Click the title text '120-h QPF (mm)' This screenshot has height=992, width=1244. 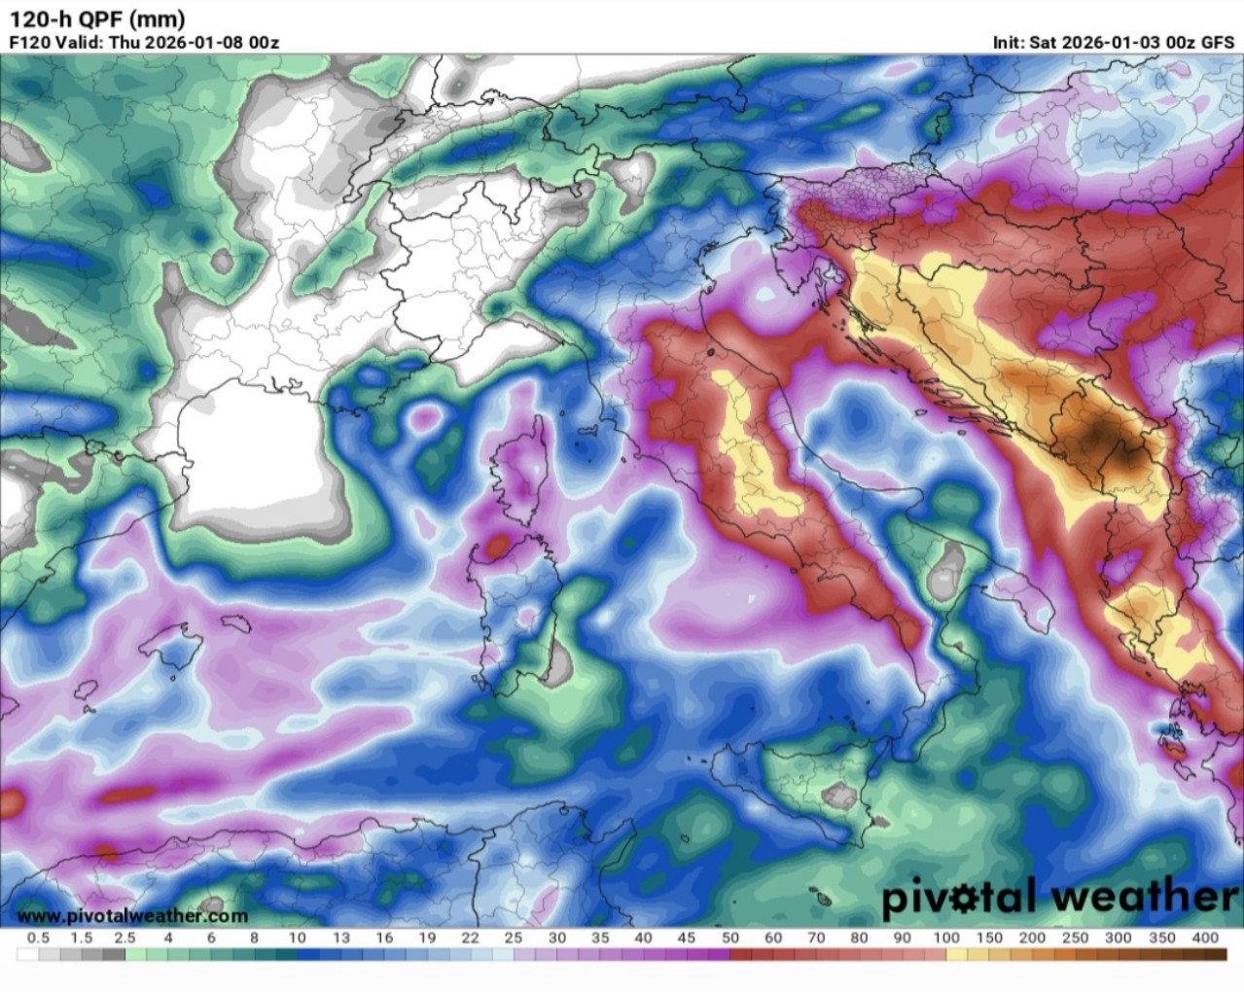click(97, 18)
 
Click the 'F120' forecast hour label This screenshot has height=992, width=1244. click(28, 43)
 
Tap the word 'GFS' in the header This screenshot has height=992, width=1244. click(1218, 43)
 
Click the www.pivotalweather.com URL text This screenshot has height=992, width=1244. click(132, 915)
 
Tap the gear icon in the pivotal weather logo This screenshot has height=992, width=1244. click(957, 896)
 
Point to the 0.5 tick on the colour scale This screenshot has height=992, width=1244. click(39, 938)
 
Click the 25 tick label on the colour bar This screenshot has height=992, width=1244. click(513, 938)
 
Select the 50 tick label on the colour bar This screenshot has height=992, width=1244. click(729, 938)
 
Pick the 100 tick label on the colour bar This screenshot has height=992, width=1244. click(945, 938)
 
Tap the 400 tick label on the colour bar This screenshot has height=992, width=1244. click(1204, 938)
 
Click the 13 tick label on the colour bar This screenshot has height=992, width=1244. click(340, 938)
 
